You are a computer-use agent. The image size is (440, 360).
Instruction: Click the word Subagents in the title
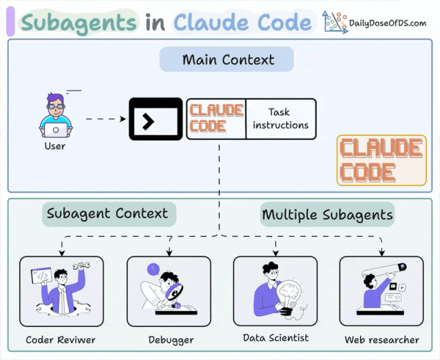click(78, 23)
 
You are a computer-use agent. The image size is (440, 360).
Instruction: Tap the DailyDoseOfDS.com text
click(388, 23)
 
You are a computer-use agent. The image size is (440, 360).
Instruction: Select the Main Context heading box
click(227, 60)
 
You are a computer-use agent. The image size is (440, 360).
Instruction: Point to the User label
click(55, 146)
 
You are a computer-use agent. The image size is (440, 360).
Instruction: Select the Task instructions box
click(280, 119)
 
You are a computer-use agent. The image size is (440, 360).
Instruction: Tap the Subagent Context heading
click(107, 214)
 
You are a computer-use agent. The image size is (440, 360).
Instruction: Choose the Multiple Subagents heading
click(327, 214)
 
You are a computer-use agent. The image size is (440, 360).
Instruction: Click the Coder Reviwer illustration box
click(61, 291)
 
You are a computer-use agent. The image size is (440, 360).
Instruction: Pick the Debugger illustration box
click(169, 291)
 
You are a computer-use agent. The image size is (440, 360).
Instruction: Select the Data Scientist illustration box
click(276, 291)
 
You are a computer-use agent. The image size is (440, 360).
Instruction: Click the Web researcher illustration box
click(382, 291)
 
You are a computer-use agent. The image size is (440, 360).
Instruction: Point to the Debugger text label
click(170, 340)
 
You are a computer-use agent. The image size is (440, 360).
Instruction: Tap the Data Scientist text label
click(276, 338)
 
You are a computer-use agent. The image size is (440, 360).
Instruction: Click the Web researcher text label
click(382, 340)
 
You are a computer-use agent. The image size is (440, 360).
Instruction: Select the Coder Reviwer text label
click(60, 340)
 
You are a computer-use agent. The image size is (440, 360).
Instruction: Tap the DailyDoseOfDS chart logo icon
click(335, 22)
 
